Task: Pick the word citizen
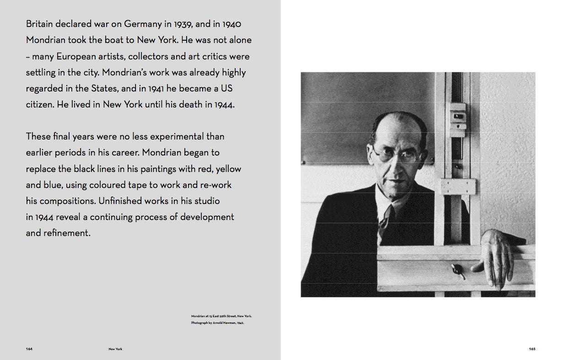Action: coord(40,105)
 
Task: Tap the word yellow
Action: coord(228,169)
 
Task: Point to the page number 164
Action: coord(29,349)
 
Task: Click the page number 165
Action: coord(532,349)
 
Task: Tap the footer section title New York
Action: coord(115,349)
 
